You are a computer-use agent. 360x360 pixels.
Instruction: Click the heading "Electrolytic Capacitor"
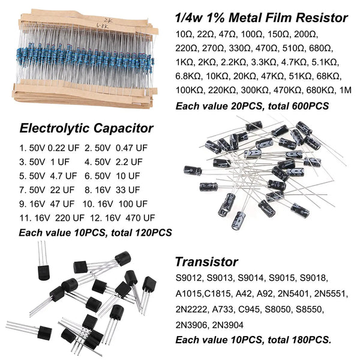click(86, 127)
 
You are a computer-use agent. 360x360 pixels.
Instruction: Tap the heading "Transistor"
click(206, 262)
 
